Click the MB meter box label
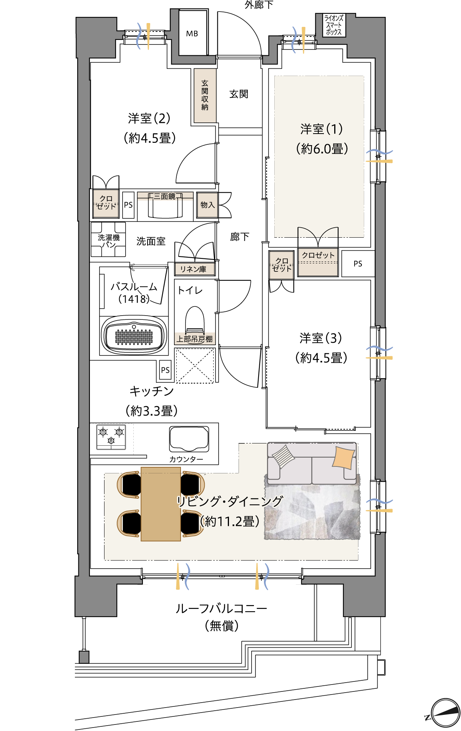click(192, 34)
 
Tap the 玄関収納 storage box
click(205, 95)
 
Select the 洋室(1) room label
click(322, 129)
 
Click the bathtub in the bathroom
click(134, 335)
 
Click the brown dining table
click(161, 504)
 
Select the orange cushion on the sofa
click(343, 457)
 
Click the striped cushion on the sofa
click(283, 456)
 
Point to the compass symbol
click(445, 713)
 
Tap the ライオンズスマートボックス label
click(333, 25)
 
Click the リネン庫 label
click(194, 269)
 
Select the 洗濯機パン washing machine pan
click(108, 240)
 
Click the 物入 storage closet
click(207, 205)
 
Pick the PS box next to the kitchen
click(165, 370)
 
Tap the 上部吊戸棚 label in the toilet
click(194, 339)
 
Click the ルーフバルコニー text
click(221, 609)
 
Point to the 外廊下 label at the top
click(259, 5)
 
